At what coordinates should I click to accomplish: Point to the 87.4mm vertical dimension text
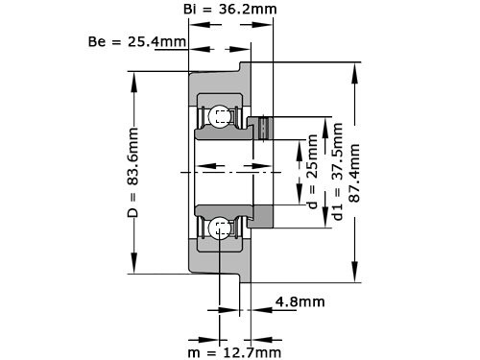(x=356, y=173)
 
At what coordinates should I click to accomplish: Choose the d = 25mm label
(x=312, y=173)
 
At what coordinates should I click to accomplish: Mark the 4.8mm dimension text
(x=300, y=301)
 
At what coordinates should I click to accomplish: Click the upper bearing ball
(x=222, y=117)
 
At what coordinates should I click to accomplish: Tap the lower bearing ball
(x=222, y=228)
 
